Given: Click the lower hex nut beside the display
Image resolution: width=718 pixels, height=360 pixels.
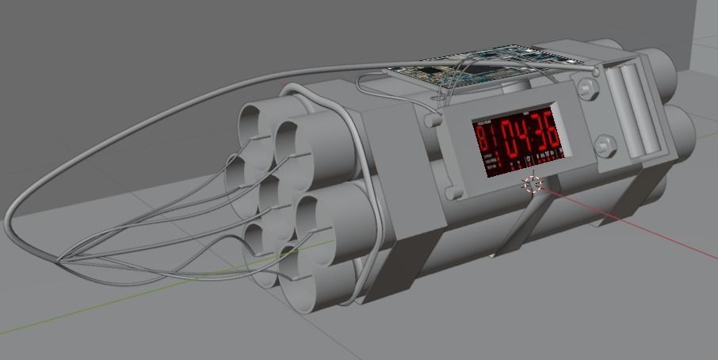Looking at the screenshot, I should pos(605,147).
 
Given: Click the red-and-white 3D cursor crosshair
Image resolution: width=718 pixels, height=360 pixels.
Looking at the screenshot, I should pos(532,184).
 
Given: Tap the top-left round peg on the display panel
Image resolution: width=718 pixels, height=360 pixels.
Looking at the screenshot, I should pos(433,121).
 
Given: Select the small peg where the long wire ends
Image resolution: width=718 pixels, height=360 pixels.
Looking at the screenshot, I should pos(595,72).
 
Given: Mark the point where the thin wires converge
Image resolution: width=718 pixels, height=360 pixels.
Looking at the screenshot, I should pos(59,259).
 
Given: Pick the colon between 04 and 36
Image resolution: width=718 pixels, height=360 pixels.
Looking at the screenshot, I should pos(528,136).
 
